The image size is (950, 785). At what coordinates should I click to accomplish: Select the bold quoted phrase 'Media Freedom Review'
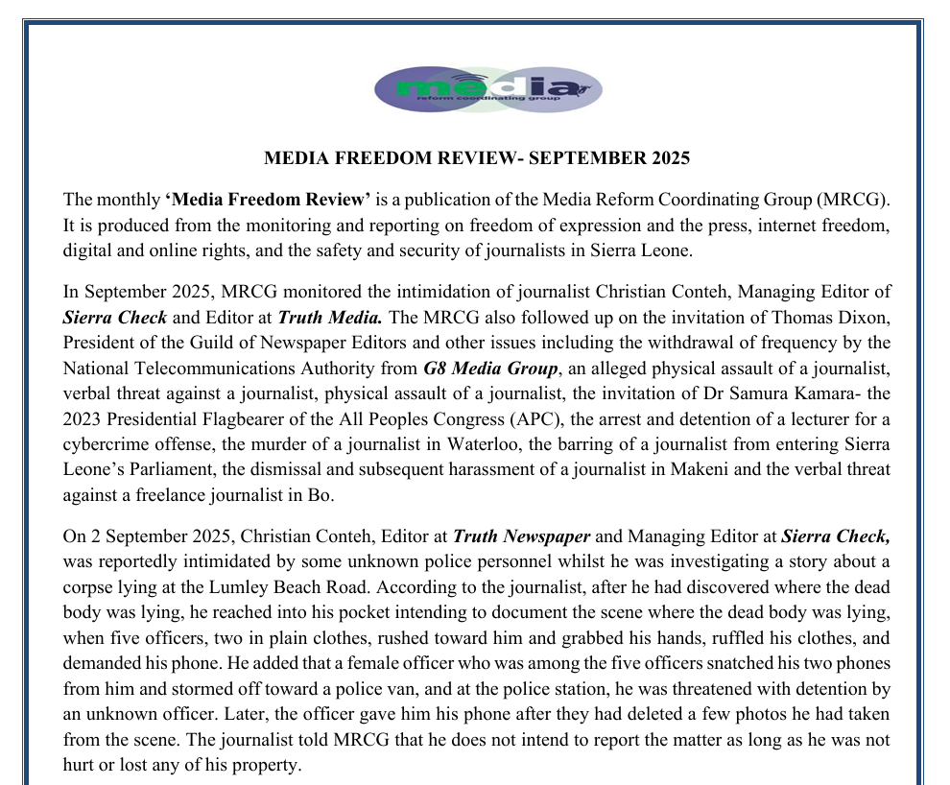click(x=268, y=200)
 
